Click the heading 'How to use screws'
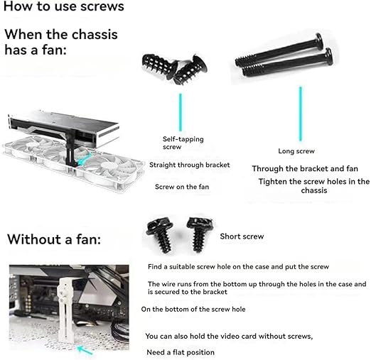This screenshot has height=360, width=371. pyautogui.click(x=64, y=6)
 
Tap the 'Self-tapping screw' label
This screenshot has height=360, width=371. pyautogui.click(x=183, y=143)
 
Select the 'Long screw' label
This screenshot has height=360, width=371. pyautogui.click(x=296, y=151)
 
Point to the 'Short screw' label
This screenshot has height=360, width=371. pyautogui.click(x=242, y=236)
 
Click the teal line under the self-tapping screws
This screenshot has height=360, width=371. pyautogui.click(x=181, y=112)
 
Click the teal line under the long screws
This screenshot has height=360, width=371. pyautogui.click(x=301, y=114)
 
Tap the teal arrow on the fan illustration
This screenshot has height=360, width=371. pyautogui.click(x=84, y=159)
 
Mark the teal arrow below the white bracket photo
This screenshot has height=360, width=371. pyautogui.click(x=85, y=350)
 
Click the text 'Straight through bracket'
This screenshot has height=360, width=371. pyautogui.click(x=190, y=165)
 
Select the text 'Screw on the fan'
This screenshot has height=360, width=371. pyautogui.click(x=182, y=187)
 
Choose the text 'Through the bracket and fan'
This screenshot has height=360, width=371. pyautogui.click(x=305, y=168)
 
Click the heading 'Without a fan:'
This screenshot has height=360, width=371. pyautogui.click(x=54, y=239)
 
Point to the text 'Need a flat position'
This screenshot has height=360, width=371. pyautogui.click(x=181, y=352)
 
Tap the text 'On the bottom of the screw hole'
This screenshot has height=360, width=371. pyautogui.click(x=193, y=309)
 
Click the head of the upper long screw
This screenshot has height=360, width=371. pyautogui.click(x=319, y=42)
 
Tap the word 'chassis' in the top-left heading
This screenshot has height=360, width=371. pyautogui.click(x=95, y=35)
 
